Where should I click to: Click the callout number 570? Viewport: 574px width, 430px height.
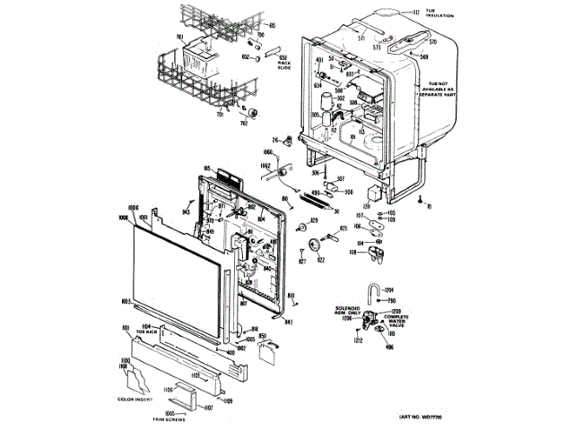pos(430,42)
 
